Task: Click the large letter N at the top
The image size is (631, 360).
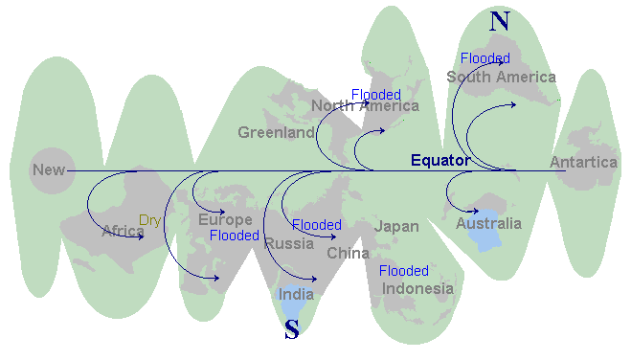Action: [x=498, y=21]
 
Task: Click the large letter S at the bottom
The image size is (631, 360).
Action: [x=292, y=331]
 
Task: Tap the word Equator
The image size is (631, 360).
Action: [x=440, y=160]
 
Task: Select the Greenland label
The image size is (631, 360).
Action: [x=276, y=132]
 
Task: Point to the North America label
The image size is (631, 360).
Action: [x=365, y=106]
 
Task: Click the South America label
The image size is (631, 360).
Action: [x=501, y=77]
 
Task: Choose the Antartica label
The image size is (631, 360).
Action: [x=583, y=163]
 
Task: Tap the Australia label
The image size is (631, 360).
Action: [x=488, y=224]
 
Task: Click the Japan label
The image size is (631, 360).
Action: [x=396, y=226]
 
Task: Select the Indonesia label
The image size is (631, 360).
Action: [x=417, y=288]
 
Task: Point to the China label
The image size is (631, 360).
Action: [x=348, y=254]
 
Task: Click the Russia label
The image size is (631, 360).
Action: [x=289, y=243]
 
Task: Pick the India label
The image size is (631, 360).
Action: [x=296, y=294]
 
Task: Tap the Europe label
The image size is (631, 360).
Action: [x=225, y=220]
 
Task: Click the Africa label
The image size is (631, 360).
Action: [x=124, y=231]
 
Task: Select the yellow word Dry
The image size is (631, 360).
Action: [x=150, y=220]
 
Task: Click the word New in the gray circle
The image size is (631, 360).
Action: [x=49, y=170]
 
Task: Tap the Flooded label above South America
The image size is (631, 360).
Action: [x=485, y=59]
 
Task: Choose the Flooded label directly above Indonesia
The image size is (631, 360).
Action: [x=404, y=271]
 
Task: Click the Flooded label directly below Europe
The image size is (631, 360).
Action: [x=234, y=236]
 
